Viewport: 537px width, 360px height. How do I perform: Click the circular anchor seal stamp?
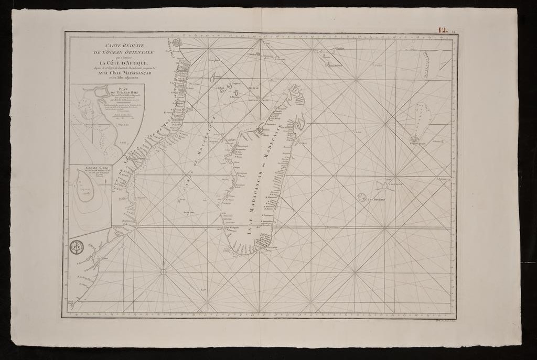(x=77, y=247)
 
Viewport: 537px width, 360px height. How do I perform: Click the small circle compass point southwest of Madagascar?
(x=163, y=271)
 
